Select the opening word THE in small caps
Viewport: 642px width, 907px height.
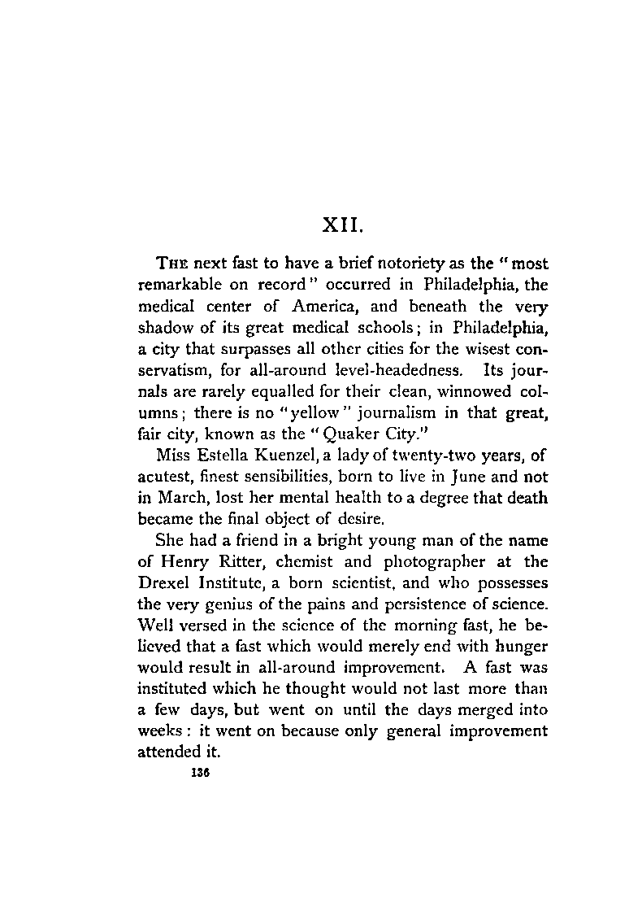[169, 264]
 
